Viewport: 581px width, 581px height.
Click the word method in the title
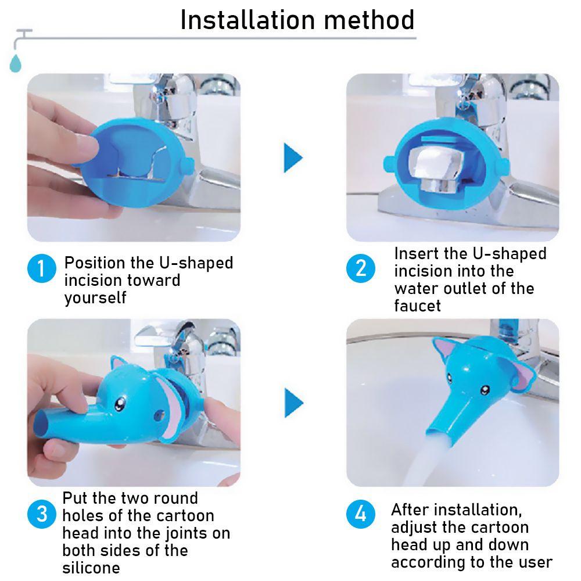click(370, 20)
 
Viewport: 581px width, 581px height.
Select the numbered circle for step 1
click(41, 268)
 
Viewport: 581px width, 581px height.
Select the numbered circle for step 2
click(361, 268)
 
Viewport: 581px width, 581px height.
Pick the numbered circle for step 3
click(41, 514)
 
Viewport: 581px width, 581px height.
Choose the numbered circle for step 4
click(361, 514)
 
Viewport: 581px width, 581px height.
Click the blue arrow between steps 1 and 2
click(293, 158)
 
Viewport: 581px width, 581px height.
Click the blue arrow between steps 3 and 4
click(294, 403)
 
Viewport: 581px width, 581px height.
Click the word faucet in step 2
click(417, 306)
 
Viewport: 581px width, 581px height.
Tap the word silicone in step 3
click(91, 568)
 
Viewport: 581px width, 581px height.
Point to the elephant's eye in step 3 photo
click(119, 404)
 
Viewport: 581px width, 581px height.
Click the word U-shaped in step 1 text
click(196, 263)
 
